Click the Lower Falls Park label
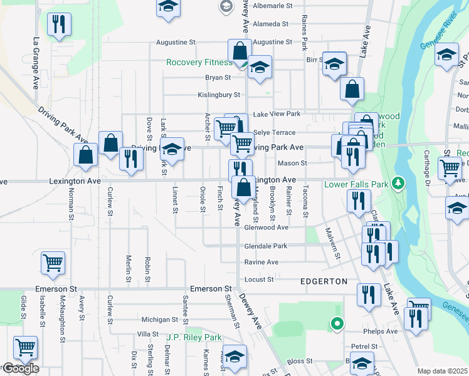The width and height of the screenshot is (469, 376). point(356,184)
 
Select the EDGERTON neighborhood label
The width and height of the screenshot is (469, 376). point(324,281)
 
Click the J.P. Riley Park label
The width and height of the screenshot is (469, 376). point(194,337)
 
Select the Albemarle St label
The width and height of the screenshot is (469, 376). point(272,6)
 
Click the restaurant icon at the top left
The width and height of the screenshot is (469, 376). point(59,24)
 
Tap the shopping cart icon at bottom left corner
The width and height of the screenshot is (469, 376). point(25,347)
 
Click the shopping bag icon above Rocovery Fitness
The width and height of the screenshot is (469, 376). point(240,50)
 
